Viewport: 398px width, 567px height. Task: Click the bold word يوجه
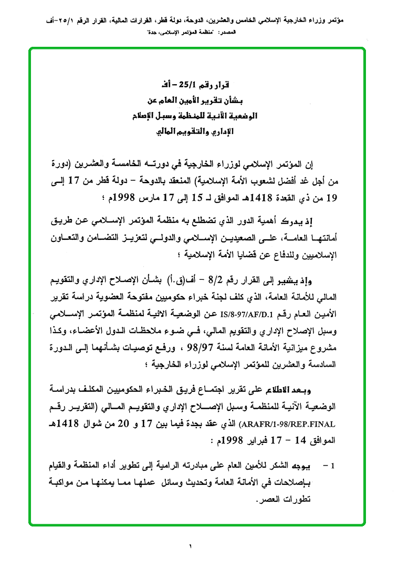pos(303,466)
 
